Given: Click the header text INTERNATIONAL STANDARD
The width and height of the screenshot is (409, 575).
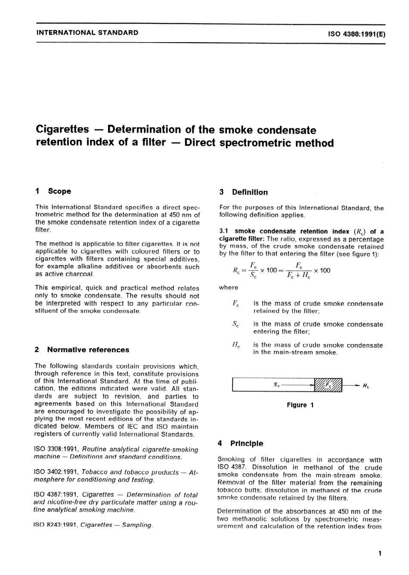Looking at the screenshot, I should (87, 32).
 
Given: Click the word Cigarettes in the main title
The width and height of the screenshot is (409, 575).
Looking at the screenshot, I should (62, 129).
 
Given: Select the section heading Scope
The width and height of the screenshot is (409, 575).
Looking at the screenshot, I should (59, 191).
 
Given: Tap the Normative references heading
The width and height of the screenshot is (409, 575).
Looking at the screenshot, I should (88, 350).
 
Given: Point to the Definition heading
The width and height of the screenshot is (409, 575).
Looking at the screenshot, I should (249, 192).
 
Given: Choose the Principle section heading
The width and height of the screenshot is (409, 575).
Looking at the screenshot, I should (246, 443).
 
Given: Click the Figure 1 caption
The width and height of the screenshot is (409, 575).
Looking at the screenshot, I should (300, 405).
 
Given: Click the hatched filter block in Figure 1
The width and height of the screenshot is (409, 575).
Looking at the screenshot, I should (328, 385).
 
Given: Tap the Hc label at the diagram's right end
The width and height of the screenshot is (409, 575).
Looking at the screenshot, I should (366, 386).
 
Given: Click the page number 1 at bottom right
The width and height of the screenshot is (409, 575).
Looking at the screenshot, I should (379, 553).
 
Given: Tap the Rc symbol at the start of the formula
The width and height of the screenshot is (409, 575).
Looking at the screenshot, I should (236, 271).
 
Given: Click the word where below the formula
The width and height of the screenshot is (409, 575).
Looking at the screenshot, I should (228, 288).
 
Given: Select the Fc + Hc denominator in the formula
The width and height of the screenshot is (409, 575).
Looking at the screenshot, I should (297, 276).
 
